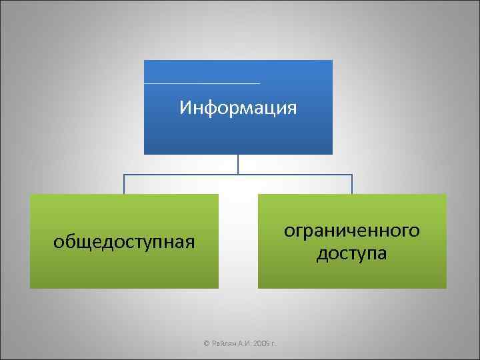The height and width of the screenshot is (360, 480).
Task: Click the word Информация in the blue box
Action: pyautogui.click(x=238, y=107)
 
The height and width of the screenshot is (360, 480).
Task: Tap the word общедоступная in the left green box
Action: pyautogui.click(x=124, y=241)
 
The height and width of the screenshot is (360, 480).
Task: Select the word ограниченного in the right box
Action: pyautogui.click(x=352, y=231)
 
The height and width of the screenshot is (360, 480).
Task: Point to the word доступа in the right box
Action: pyautogui.click(x=352, y=254)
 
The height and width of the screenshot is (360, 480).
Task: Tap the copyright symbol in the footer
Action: pyautogui.click(x=206, y=343)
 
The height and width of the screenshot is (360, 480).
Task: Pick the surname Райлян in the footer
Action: pyautogui.click(x=221, y=343)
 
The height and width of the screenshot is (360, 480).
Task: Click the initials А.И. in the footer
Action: pyautogui.click(x=241, y=343)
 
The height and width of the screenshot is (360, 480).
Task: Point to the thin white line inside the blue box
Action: pyautogui.click(x=201, y=83)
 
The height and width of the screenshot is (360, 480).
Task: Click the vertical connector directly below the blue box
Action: pyautogui.click(x=238, y=164)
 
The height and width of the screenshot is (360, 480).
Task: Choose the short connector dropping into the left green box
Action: pyautogui.click(x=124, y=185)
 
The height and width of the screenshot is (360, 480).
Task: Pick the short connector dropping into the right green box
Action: pyautogui.click(x=352, y=185)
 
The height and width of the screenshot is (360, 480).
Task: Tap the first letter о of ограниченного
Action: pyautogui.click(x=289, y=231)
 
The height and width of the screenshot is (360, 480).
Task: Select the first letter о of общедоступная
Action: pyautogui.click(x=57, y=241)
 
